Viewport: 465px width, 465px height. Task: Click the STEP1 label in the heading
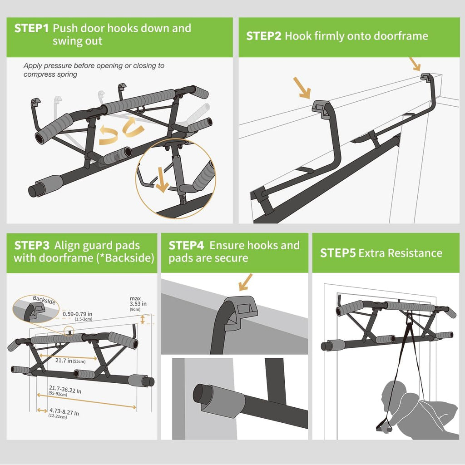[31, 28]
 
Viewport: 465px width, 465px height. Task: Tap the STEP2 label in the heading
[264, 36]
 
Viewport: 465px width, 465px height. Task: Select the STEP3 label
[32, 246]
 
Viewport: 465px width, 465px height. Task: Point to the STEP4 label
[187, 246]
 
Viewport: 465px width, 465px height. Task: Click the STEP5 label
[338, 253]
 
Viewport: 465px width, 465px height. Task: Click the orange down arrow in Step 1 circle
[162, 178]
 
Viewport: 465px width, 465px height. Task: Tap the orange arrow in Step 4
[245, 282]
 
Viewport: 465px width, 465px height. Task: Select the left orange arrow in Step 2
[302, 87]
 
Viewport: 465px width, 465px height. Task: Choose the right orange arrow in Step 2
[414, 64]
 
